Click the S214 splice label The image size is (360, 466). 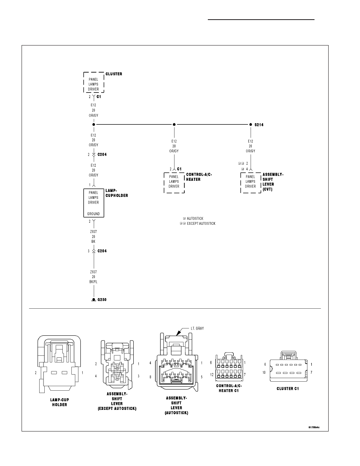[259, 125]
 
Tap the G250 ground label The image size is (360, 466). [102, 300]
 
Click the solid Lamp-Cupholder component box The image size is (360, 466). [94, 203]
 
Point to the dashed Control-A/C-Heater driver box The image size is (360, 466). [174, 182]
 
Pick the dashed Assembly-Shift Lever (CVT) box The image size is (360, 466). [251, 182]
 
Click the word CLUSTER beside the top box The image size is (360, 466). [114, 74]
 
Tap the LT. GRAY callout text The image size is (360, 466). [197, 328]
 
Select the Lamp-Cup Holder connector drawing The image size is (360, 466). [59, 364]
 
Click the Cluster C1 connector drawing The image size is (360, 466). [287, 367]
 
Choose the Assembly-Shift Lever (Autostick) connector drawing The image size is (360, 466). [176, 362]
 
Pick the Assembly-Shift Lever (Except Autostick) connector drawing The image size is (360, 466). [117, 364]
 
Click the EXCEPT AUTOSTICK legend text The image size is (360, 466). [201, 224]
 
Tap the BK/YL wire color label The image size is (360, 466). [93, 282]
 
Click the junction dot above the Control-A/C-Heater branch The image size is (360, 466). [174, 124]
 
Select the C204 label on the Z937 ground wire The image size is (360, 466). [102, 251]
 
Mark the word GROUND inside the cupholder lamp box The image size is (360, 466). [93, 214]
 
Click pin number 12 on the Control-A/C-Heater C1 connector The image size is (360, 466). [212, 375]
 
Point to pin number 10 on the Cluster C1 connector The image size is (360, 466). [264, 373]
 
